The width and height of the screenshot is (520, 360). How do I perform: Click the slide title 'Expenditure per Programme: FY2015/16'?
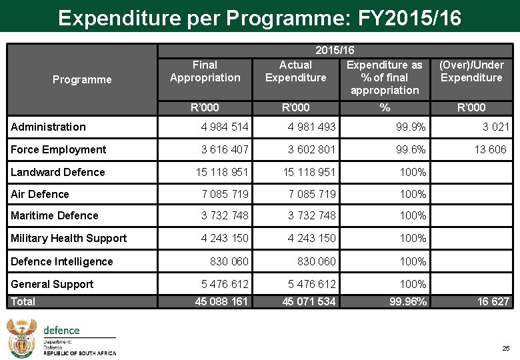tap(259, 17)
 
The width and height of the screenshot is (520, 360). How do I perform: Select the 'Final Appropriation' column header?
tap(205, 71)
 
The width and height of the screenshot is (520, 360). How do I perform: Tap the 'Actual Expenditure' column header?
tap(295, 71)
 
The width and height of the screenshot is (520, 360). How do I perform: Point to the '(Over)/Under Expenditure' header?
tap(471, 71)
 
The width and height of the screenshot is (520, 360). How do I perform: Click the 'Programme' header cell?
tap(82, 80)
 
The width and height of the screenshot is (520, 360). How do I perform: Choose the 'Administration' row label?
tap(48, 127)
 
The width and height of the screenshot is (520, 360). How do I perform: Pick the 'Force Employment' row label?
tap(58, 149)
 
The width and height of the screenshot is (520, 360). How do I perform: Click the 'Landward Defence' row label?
tap(58, 172)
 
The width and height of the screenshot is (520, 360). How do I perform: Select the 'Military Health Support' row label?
tap(69, 238)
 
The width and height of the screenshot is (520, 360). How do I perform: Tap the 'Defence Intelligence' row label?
tap(62, 261)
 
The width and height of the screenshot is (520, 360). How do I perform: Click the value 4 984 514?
tap(225, 127)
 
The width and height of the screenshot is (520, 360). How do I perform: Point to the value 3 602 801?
tap(312, 149)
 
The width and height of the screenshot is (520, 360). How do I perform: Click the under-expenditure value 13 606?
tap(490, 149)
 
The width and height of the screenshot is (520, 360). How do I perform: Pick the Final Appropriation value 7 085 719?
tap(225, 194)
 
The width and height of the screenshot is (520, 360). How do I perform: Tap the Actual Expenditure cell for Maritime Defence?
tap(312, 215)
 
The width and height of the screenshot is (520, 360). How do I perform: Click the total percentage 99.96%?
tap(408, 301)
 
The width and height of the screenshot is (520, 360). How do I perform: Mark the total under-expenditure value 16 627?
tap(493, 301)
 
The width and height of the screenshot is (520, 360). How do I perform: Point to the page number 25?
tap(505, 349)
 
